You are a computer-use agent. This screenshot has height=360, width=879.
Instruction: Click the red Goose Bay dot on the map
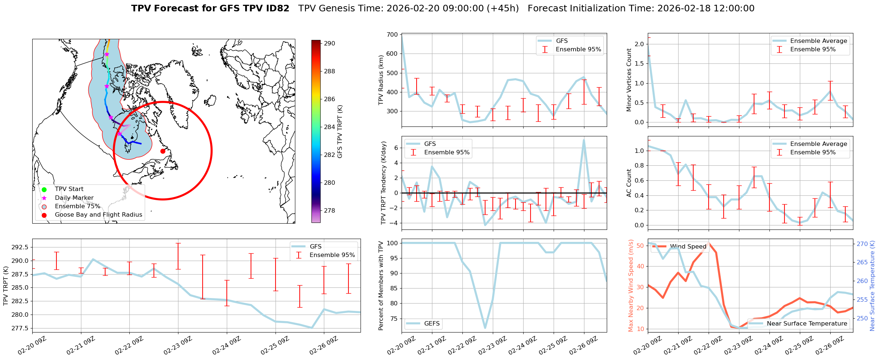163,151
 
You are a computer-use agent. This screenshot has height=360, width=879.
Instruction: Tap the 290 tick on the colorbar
329,43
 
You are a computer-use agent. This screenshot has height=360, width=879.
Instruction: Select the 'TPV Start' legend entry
69,189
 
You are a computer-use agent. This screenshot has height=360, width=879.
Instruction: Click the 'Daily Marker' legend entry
74,198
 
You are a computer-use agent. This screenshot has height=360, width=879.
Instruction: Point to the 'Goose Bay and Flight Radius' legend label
98,215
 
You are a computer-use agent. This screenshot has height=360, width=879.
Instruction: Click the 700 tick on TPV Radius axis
392,34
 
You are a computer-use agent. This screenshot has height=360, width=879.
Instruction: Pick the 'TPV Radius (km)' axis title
381,80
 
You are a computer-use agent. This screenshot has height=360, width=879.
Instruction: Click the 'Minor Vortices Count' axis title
629,80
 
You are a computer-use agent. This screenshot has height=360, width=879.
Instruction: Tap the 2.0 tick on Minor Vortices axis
639,44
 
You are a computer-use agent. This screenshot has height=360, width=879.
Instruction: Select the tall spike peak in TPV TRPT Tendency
584,140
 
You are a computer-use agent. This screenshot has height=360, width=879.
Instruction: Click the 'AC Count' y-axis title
629,183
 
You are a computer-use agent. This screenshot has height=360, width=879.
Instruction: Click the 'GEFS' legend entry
432,324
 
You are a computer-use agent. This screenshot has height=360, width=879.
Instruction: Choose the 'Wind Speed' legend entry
688,247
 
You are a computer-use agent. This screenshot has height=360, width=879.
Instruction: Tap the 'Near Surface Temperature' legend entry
806,324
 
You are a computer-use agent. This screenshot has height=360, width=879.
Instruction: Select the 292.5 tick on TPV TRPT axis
21,247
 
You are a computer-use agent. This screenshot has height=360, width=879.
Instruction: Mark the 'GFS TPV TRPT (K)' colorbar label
340,131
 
